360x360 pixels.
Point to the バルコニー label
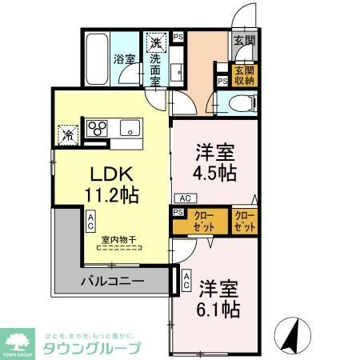(112, 282)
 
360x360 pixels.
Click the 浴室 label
(124, 58)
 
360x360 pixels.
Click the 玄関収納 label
(243, 76)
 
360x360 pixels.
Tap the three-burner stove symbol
(98, 129)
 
